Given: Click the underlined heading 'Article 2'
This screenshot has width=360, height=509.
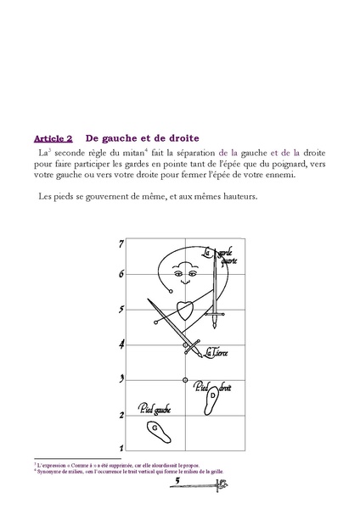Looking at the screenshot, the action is click(53, 137).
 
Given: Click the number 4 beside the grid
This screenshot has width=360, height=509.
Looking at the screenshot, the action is click(121, 344).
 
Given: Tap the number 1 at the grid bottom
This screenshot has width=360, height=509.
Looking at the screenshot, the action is click(121, 447).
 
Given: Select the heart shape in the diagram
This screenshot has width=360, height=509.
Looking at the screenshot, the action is click(183, 310).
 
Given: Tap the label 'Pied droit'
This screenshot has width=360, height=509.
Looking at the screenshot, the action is click(212, 388).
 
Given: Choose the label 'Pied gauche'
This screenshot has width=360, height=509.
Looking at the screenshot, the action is click(155, 409).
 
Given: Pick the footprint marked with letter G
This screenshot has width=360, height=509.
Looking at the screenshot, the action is click(156, 428).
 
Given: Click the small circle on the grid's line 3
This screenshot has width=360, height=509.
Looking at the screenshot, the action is click(185, 379).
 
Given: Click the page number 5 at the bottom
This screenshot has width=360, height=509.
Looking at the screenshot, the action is click(176, 480).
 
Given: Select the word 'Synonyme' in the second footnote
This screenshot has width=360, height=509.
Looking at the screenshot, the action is click(49, 472).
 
